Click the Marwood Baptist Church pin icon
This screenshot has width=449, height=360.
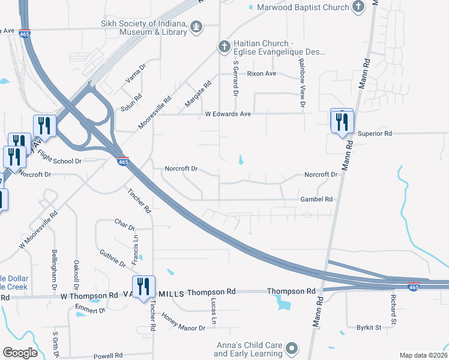(x=359, y=7)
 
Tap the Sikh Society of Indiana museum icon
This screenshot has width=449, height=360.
(x=196, y=26)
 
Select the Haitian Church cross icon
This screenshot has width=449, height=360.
(x=223, y=46)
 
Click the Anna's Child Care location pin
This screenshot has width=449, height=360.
(x=292, y=348)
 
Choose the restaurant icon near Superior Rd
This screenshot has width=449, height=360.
(x=342, y=122)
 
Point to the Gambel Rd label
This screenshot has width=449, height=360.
(x=316, y=199)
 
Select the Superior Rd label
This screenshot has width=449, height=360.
(x=375, y=133)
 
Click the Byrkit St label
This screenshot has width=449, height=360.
(x=369, y=328)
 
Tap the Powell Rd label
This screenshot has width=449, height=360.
(x=108, y=356)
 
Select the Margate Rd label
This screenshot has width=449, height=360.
(x=198, y=94)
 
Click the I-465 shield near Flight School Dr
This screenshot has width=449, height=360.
(x=122, y=161)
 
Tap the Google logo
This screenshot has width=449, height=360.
(x=20, y=353)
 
